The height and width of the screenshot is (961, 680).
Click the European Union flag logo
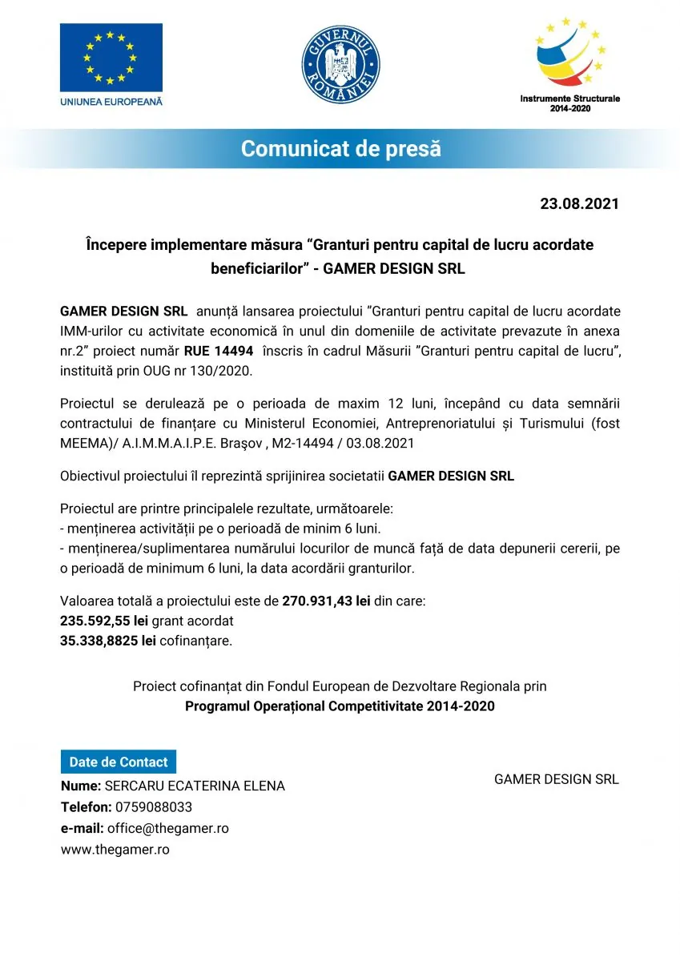tap(111, 57)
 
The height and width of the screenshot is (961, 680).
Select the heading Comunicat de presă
tap(340, 148)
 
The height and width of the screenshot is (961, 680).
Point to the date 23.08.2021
tap(579, 203)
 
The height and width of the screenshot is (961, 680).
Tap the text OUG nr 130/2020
tap(215, 370)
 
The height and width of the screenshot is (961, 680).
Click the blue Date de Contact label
tap(119, 762)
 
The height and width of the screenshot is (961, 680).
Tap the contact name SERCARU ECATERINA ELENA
tap(195, 786)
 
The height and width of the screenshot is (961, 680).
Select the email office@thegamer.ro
tap(167, 828)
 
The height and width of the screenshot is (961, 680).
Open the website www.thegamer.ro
tap(115, 850)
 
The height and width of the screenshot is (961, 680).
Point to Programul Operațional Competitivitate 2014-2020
tap(340, 706)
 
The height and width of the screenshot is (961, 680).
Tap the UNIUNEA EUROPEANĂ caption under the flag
tap(111, 102)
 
